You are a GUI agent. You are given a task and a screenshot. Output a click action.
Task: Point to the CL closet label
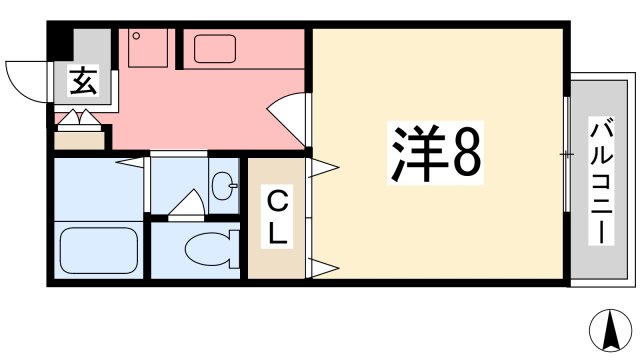point(277,219)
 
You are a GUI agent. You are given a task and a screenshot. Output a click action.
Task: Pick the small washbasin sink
point(224,184)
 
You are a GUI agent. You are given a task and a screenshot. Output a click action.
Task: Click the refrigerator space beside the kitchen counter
point(149,47)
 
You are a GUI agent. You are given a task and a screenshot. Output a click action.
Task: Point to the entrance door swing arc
point(27,79)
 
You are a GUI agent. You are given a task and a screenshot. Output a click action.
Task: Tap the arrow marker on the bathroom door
point(131,161)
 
